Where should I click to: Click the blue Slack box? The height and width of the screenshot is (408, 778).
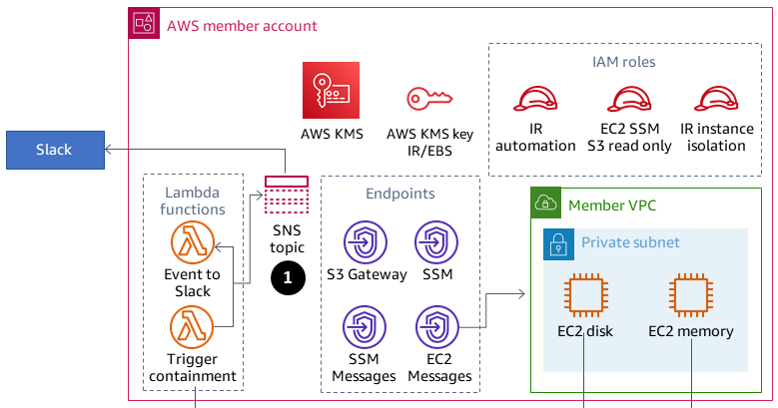point(54,150)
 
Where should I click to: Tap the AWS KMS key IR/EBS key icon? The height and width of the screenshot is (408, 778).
point(429,98)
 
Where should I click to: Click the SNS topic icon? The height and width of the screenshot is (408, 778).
point(287,197)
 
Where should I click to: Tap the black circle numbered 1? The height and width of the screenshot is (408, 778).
point(287,279)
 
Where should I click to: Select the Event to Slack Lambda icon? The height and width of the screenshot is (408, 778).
point(192,242)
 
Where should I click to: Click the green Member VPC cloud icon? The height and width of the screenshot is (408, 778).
point(544,204)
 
